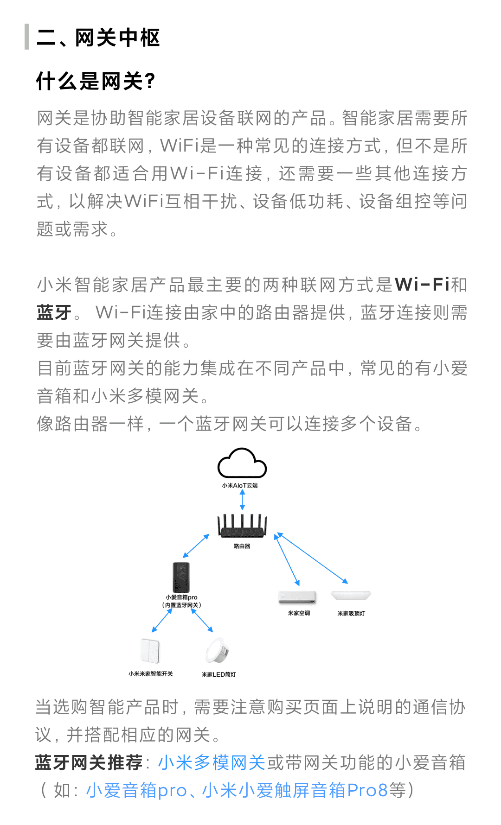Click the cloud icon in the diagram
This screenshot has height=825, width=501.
(242, 463)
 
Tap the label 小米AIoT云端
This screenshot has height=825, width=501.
(240, 486)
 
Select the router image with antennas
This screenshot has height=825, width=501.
(243, 526)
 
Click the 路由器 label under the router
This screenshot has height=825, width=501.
(242, 546)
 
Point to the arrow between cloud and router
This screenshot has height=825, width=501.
(242, 500)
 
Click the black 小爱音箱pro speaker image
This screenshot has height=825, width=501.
(181, 577)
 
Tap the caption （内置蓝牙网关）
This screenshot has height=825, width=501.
(181, 605)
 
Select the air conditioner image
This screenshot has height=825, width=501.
(297, 597)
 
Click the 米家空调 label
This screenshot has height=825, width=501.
(299, 613)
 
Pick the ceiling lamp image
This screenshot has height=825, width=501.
(351, 595)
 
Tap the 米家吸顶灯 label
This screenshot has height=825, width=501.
(351, 613)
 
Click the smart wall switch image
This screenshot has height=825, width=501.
(150, 651)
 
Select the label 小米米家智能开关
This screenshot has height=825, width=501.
(150, 674)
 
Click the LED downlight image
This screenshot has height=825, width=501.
(217, 650)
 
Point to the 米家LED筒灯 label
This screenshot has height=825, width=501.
(218, 674)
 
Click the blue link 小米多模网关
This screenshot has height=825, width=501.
(212, 762)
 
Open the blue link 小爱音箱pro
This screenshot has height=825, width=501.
(136, 790)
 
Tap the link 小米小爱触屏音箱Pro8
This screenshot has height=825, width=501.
(295, 790)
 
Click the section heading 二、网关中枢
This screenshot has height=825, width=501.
(98, 38)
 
